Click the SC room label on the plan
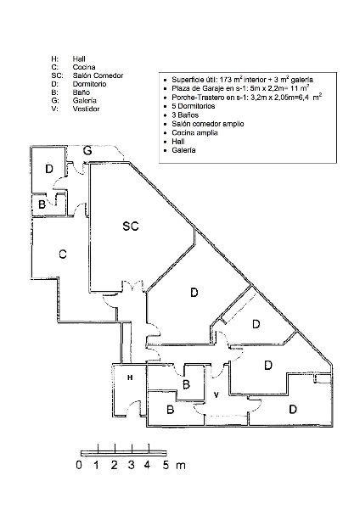pos(131,226)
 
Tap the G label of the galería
pos(87,151)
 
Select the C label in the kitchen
pos(63,254)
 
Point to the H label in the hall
pos(130,378)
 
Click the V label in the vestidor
pos(216,394)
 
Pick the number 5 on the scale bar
pos(166,465)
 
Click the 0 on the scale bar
pos(79,465)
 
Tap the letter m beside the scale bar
pos(181,466)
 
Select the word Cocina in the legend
pos(84,67)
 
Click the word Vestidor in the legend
pos(86,109)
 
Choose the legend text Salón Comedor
pos(98,76)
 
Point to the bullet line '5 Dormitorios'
pos(194,106)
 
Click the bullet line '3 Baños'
pos(185,115)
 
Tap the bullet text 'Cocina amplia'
pos(194,133)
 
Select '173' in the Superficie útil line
pos(226,80)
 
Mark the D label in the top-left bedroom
pos(49,169)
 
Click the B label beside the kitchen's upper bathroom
pos(42,204)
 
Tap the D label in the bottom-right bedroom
pos(293,409)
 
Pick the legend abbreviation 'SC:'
pos(57,76)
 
